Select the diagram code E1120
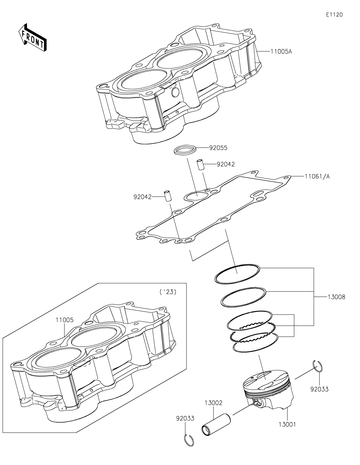tap(334, 15)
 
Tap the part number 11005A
tap(281, 52)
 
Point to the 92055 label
tap(218, 148)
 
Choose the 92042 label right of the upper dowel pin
tap(226, 164)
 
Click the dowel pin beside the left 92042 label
tap(168, 196)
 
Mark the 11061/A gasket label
tap(317, 176)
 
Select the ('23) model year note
tap(168, 292)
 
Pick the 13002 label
tap(214, 403)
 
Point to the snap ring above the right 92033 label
tap(318, 366)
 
